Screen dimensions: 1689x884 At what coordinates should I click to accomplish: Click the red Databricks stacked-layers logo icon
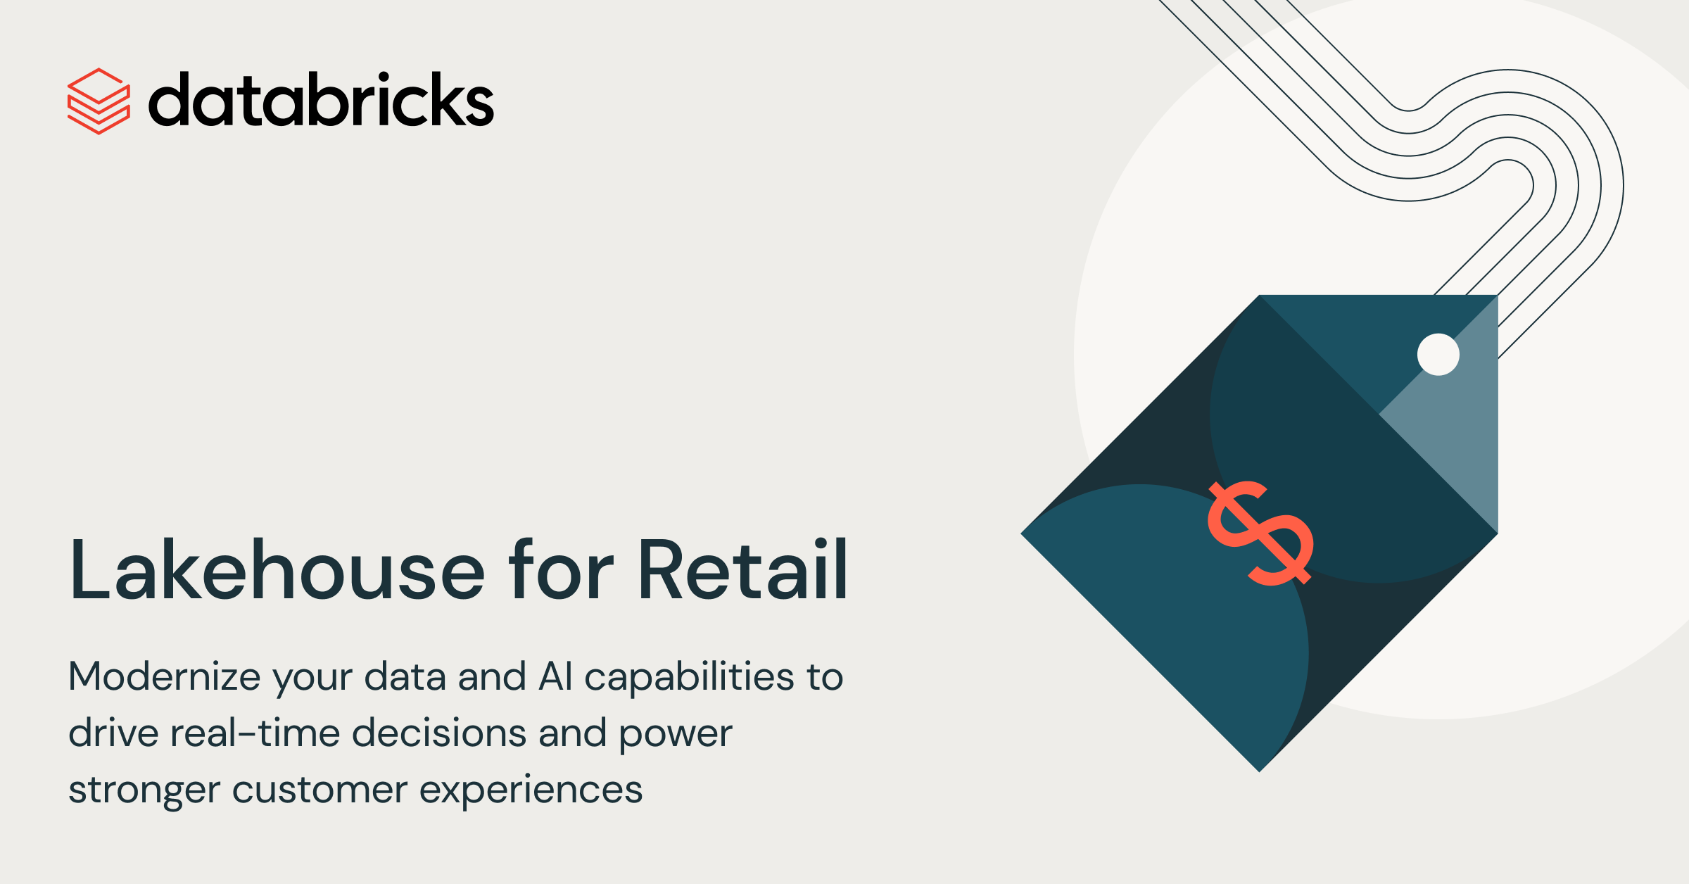point(99,101)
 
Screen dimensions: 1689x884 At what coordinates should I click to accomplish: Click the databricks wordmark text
point(322,99)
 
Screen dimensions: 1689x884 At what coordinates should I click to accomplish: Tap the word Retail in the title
point(743,569)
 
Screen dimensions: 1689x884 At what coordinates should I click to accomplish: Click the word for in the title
point(562,569)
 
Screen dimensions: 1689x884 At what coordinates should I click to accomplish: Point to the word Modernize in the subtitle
point(165,676)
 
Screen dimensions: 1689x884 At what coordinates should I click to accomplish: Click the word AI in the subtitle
point(556,676)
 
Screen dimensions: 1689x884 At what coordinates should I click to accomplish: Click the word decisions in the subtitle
point(439,733)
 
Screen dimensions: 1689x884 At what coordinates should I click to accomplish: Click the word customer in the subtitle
point(320,790)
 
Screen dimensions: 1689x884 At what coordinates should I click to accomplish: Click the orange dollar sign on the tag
point(1260,533)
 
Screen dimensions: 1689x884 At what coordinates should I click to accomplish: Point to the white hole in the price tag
point(1438,354)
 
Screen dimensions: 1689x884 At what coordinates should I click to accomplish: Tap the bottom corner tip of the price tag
point(1260,771)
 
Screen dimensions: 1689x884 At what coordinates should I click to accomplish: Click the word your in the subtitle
point(312,679)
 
